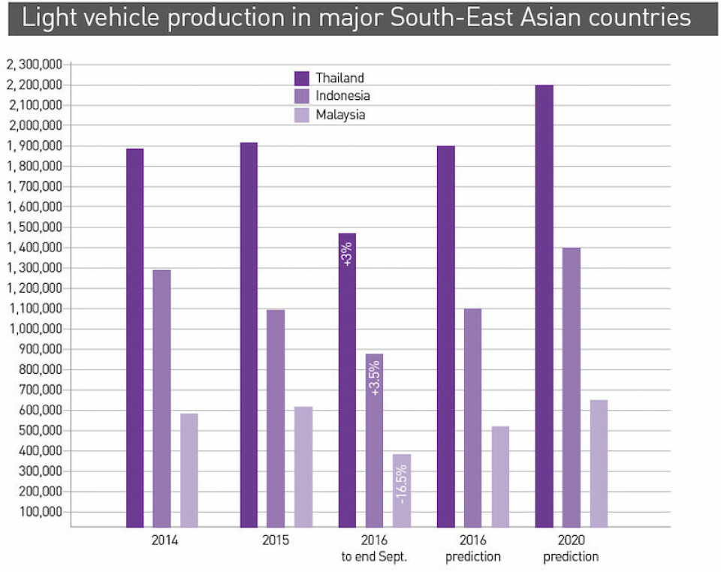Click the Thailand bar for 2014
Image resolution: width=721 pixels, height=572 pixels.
134,338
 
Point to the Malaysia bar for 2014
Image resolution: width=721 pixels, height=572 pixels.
189,470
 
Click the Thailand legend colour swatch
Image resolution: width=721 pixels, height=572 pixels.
302,77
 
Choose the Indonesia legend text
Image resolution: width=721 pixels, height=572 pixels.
342,96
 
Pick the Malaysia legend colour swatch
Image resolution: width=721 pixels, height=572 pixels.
302,115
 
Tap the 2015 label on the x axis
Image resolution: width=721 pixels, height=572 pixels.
276,540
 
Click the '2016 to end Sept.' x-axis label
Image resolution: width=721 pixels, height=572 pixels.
374,548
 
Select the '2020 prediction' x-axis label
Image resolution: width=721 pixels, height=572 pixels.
571,548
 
